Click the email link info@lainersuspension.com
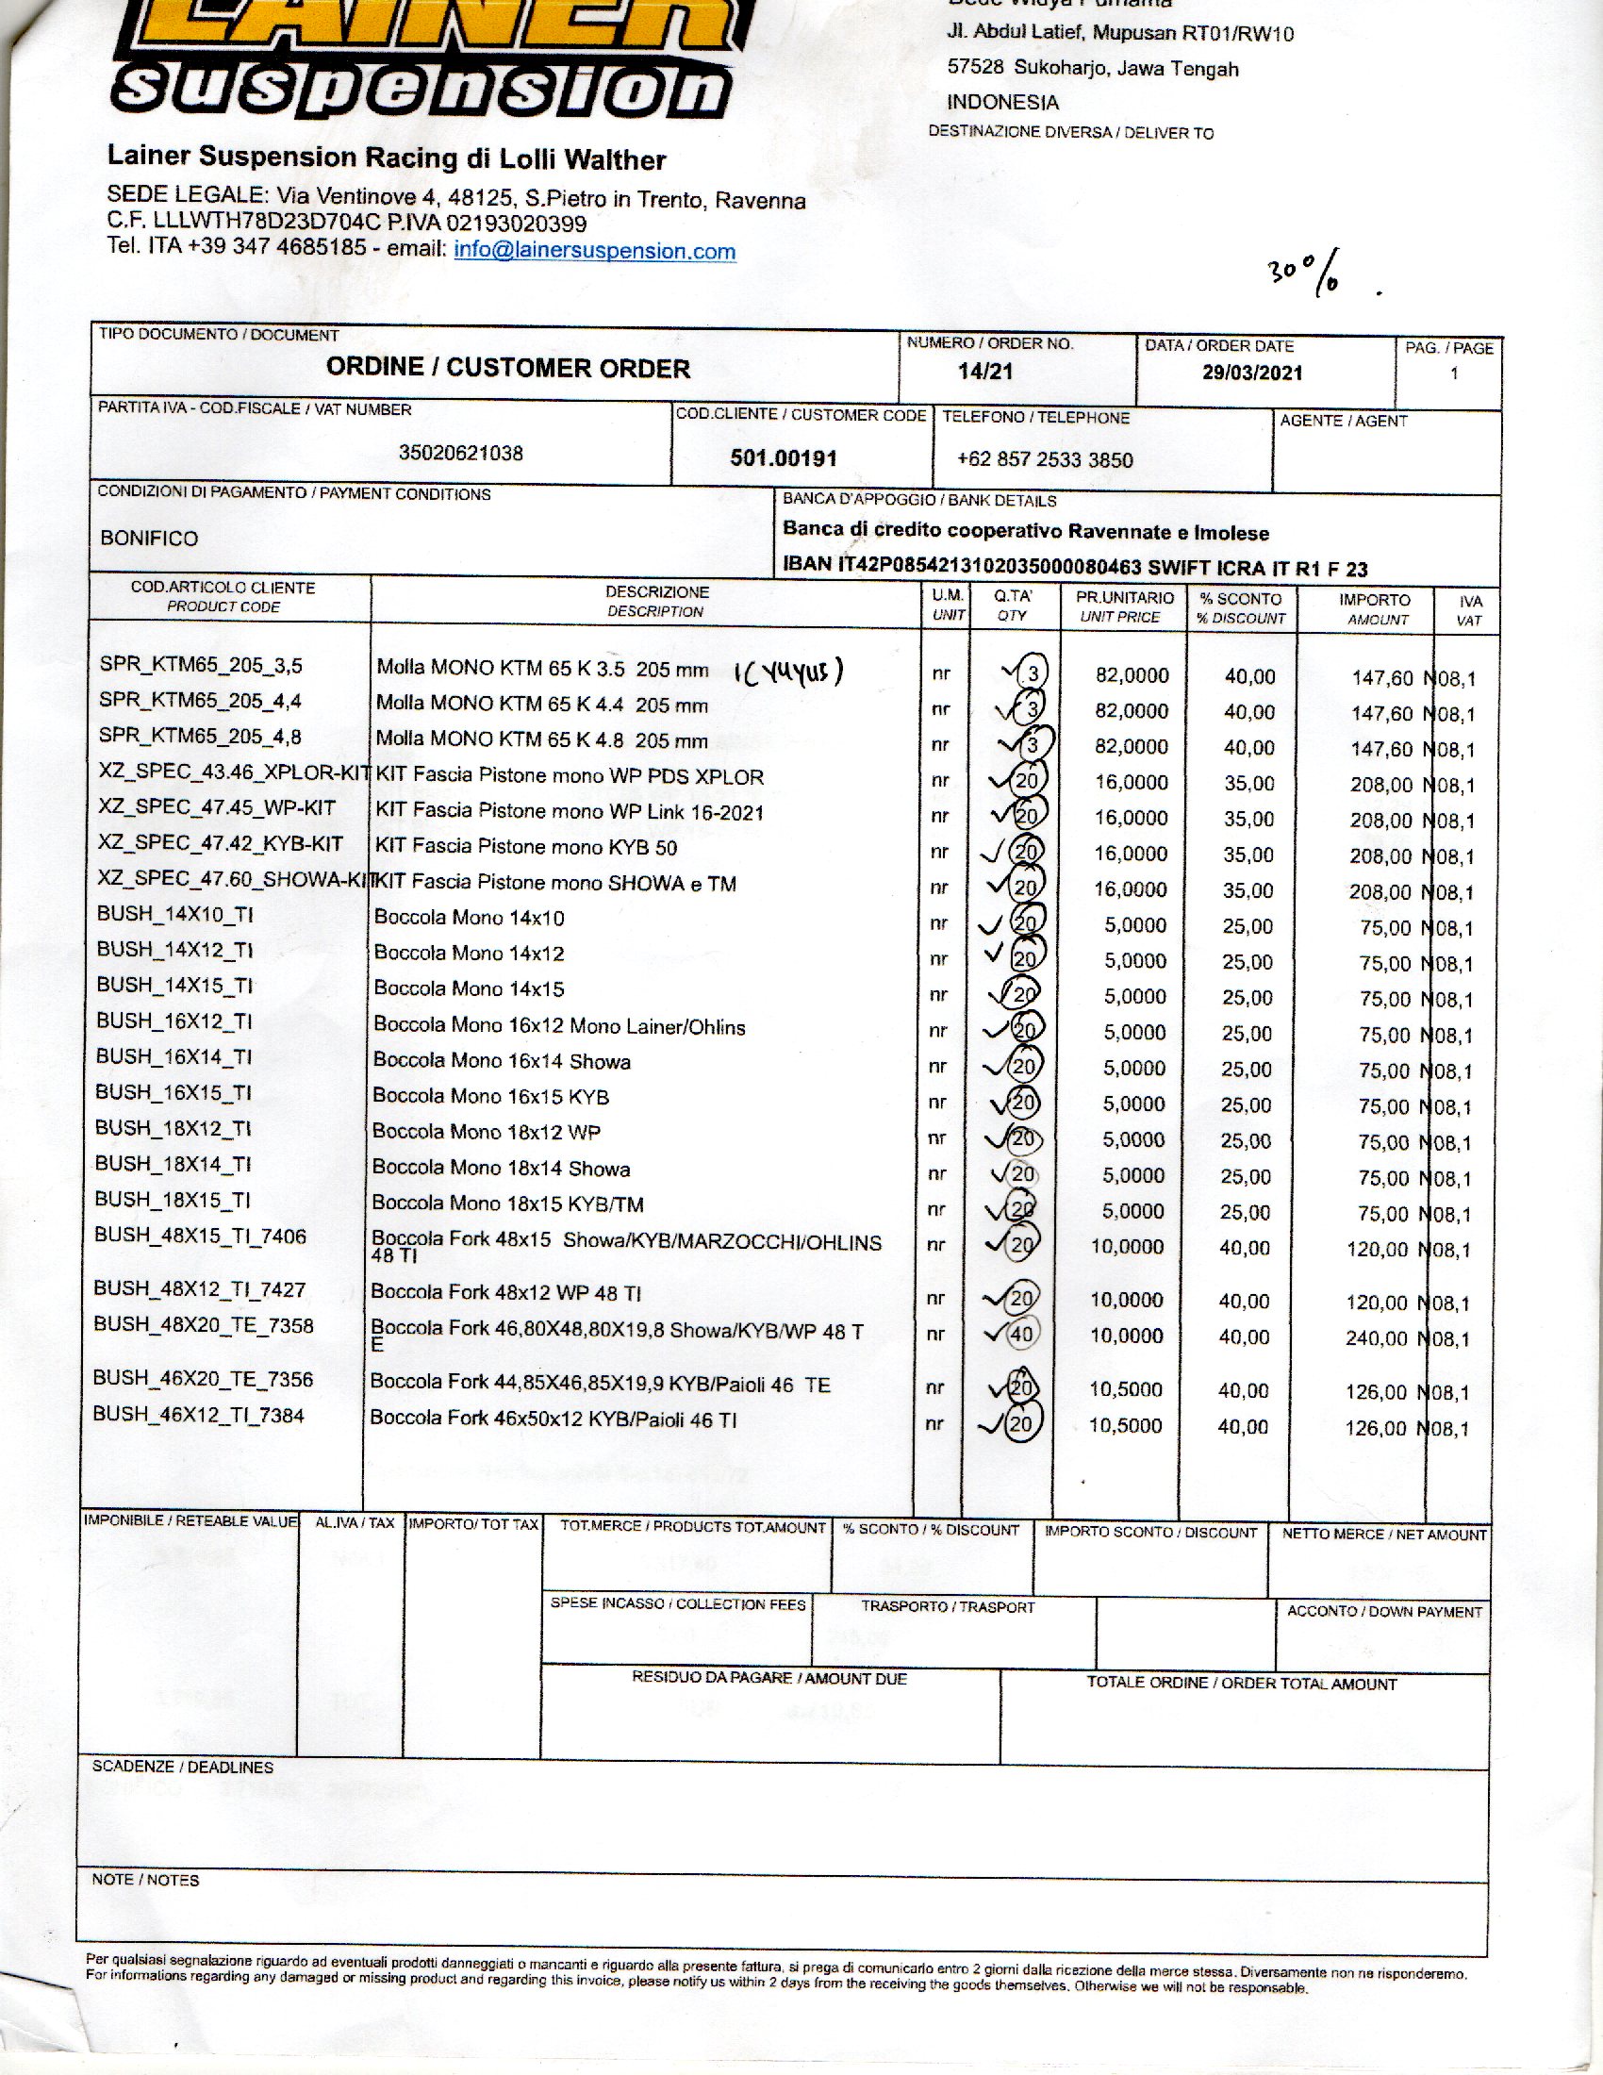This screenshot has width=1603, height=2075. tap(594, 251)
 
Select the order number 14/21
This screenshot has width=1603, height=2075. tap(985, 372)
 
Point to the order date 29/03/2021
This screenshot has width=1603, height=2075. tap(1251, 373)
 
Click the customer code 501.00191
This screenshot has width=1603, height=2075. tap(784, 458)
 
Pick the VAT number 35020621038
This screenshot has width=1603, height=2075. tap(460, 453)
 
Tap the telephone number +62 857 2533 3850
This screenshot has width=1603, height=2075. tap(1045, 460)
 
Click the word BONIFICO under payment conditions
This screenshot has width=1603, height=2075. tap(149, 539)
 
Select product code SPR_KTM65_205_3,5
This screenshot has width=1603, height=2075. tap(200, 665)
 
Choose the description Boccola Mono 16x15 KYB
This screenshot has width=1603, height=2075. tap(490, 1096)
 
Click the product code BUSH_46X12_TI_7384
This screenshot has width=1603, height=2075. tap(198, 1416)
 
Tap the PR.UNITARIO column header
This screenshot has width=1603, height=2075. tap(1124, 607)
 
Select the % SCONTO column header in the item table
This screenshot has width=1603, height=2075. tap(1240, 608)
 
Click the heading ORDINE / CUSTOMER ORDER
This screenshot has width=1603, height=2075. tap(508, 369)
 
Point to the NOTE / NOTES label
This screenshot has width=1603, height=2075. tap(145, 1880)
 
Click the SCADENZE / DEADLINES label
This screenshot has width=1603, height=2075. tap(182, 1768)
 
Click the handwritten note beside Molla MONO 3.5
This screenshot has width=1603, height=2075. tap(788, 673)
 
